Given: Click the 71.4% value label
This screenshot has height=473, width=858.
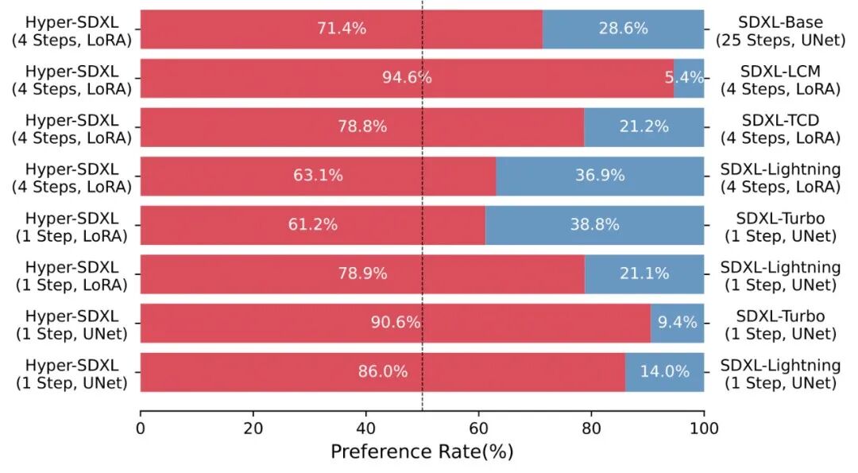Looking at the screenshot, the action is coord(342,29).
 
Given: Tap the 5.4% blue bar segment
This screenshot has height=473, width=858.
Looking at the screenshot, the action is coord(689,78).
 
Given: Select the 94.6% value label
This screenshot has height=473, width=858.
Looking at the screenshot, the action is coord(407,78).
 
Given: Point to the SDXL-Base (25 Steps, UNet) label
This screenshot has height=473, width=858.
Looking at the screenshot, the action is coord(780,31).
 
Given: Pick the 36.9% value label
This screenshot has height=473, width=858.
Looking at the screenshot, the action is coord(600,175).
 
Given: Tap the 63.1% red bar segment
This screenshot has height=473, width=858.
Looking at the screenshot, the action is coord(318,176).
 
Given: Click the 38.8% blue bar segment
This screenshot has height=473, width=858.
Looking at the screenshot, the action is coord(594,224).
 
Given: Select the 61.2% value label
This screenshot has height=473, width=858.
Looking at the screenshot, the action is coord(312,224).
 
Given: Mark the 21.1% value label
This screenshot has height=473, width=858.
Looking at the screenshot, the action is coord(644,273).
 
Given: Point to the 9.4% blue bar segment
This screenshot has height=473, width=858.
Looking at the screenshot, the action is coord(678,323).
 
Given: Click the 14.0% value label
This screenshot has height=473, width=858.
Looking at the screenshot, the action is coord(664,371).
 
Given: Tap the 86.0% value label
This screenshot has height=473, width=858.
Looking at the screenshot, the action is coord(382,371).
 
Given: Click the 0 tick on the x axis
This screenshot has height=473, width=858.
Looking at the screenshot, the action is coord(141,428).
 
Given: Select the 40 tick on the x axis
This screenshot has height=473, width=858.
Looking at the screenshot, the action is coord(366,428).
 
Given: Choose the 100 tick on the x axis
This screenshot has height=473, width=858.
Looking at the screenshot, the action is coord(704,428).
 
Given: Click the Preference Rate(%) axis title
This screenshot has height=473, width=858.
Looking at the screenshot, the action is coord(422,452).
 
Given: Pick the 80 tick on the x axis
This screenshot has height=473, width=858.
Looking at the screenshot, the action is coord(592,428).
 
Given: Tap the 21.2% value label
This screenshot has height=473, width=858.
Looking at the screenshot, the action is coord(644,126).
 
